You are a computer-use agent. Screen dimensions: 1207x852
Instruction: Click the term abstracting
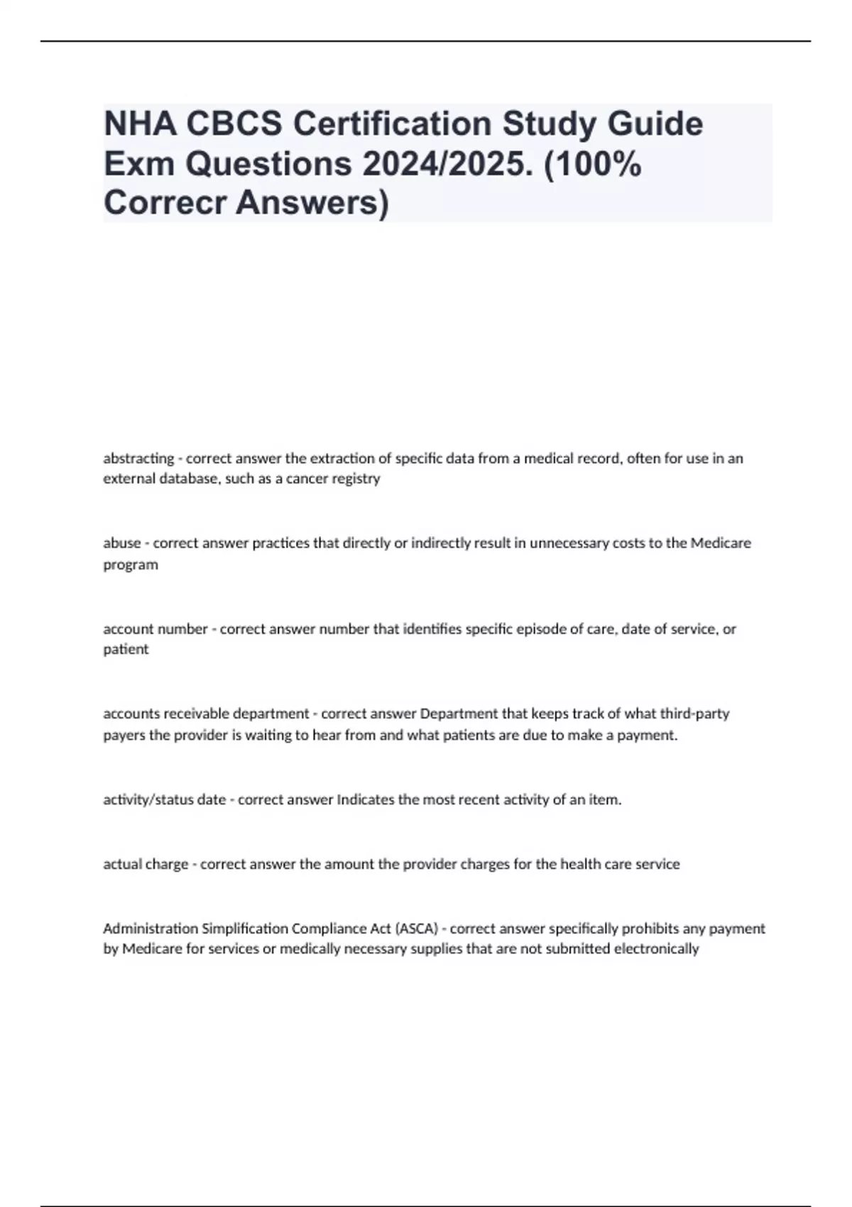click(138, 459)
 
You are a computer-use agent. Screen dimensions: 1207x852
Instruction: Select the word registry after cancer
click(356, 479)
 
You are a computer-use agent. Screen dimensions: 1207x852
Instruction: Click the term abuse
click(122, 543)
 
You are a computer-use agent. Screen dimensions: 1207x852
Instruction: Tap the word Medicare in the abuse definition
click(720, 543)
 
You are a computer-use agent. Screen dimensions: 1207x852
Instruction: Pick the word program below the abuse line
click(131, 565)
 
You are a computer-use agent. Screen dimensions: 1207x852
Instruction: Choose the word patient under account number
click(126, 649)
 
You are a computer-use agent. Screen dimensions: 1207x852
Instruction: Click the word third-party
click(694, 714)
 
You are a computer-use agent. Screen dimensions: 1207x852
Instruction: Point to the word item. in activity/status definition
click(606, 800)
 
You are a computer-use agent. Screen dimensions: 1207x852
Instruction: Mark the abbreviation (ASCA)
click(417, 929)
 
